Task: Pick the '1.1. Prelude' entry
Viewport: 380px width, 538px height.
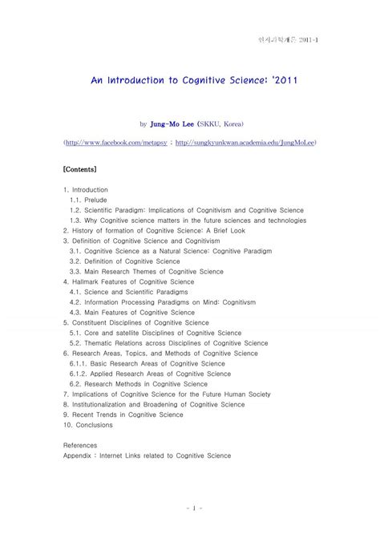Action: [x=89, y=200]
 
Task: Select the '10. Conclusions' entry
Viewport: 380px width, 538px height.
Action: [x=88, y=425]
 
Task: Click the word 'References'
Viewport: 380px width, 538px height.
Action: [x=79, y=445]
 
